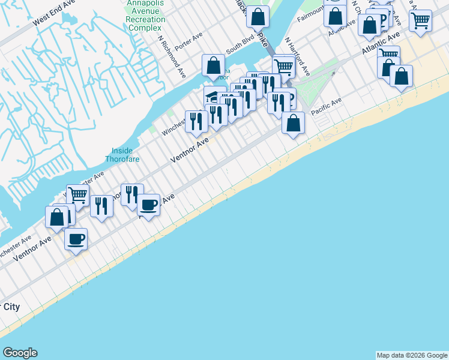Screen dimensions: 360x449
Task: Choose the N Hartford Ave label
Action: click(x=297, y=56)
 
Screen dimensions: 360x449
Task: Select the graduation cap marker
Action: click(x=214, y=96)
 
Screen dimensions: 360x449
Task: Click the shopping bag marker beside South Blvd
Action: click(x=213, y=65)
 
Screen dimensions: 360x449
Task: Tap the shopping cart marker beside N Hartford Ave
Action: click(x=283, y=67)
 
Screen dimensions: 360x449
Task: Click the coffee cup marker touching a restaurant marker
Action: click(x=148, y=204)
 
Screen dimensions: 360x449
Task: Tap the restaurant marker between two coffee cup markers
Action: click(x=101, y=206)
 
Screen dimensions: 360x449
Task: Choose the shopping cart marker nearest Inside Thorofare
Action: click(x=77, y=194)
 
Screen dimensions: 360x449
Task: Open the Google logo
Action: click(x=20, y=353)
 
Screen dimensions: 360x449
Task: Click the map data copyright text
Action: click(x=411, y=355)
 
